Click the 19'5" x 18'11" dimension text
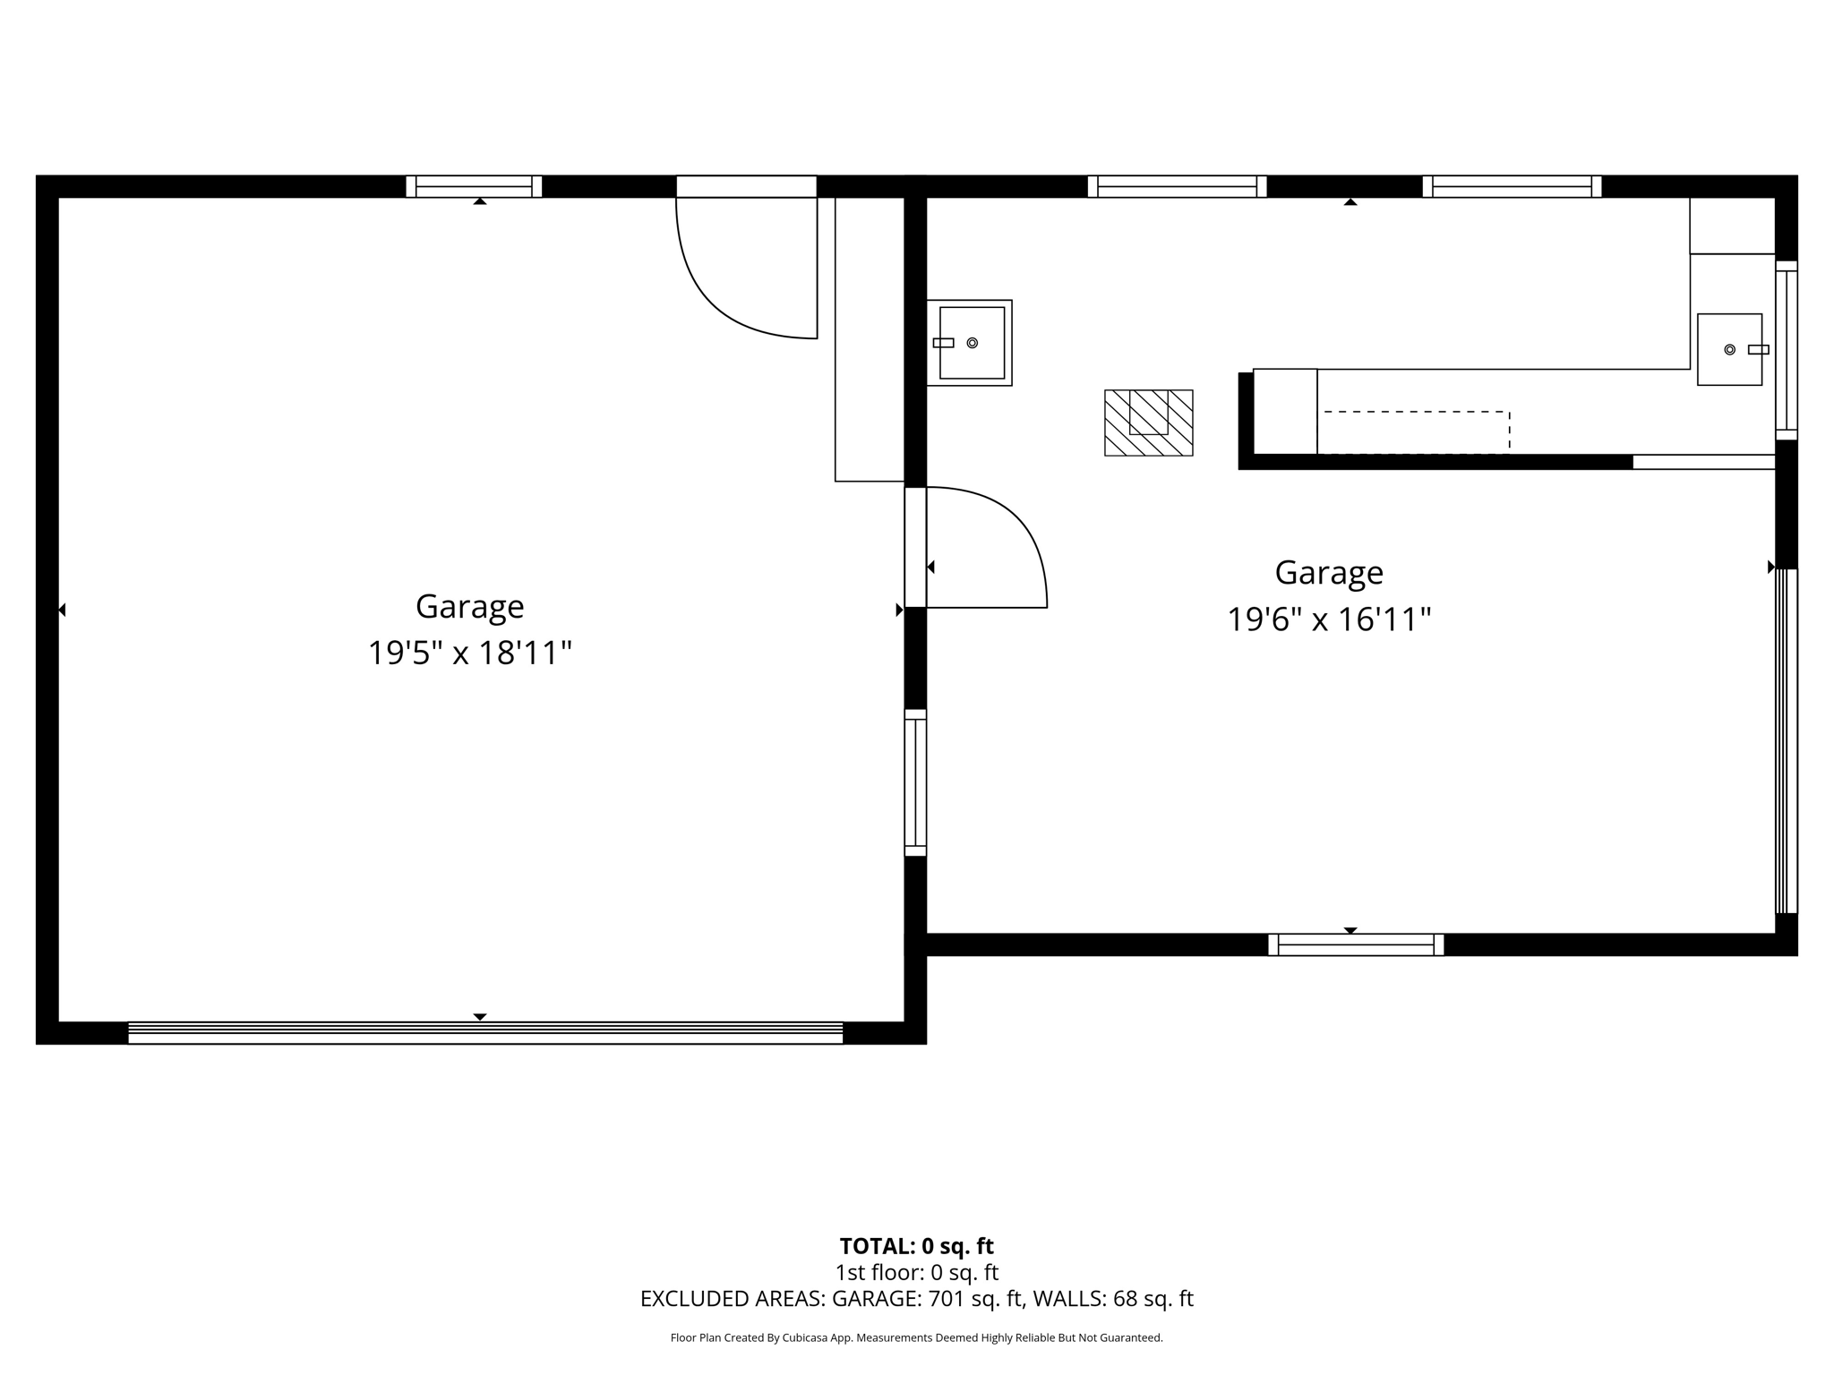click(469, 653)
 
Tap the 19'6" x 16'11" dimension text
click(1328, 619)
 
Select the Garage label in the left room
click(469, 607)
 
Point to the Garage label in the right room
click(1328, 573)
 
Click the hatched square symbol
click(1148, 423)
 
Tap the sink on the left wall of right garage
click(969, 343)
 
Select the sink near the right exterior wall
click(1729, 349)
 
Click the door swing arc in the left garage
click(725, 295)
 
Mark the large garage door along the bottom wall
click(484, 1032)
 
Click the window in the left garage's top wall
click(474, 186)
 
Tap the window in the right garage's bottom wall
click(1355, 944)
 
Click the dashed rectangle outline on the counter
click(1415, 432)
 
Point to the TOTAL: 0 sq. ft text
click(916, 1246)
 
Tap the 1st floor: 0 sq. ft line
click(916, 1272)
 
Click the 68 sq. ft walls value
click(1153, 1299)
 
